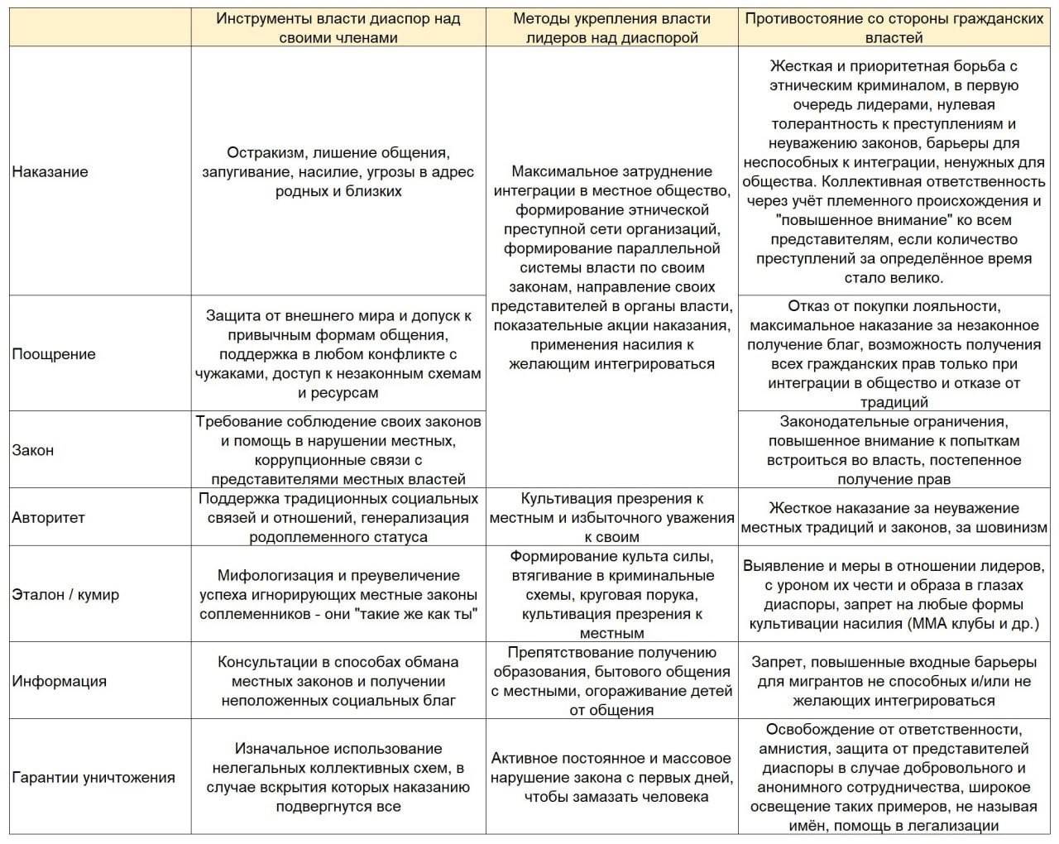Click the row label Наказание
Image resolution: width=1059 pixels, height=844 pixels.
tap(50, 172)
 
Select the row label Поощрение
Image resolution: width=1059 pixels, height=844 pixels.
tap(54, 354)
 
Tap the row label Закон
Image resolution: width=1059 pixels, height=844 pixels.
tap(33, 450)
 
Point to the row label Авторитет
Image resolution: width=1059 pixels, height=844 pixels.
tap(48, 518)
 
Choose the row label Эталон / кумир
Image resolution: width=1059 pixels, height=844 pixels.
tap(65, 594)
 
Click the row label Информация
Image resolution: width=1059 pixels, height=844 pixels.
tap(59, 682)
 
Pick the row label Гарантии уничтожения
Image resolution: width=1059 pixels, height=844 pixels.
tap(93, 778)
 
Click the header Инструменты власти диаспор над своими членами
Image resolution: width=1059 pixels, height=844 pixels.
tap(338, 27)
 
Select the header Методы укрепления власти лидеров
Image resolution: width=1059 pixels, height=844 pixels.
tap(612, 27)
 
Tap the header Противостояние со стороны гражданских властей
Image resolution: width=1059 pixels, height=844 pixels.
tap(894, 27)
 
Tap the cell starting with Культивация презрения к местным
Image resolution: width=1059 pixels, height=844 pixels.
tap(612, 518)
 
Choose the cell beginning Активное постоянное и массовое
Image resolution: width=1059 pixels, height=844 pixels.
tap(612, 778)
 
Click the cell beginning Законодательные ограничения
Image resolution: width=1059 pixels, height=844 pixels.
tap(894, 450)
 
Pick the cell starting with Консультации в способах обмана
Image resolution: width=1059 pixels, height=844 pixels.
tap(338, 682)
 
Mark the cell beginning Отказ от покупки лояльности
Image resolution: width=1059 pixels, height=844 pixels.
tap(894, 354)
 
